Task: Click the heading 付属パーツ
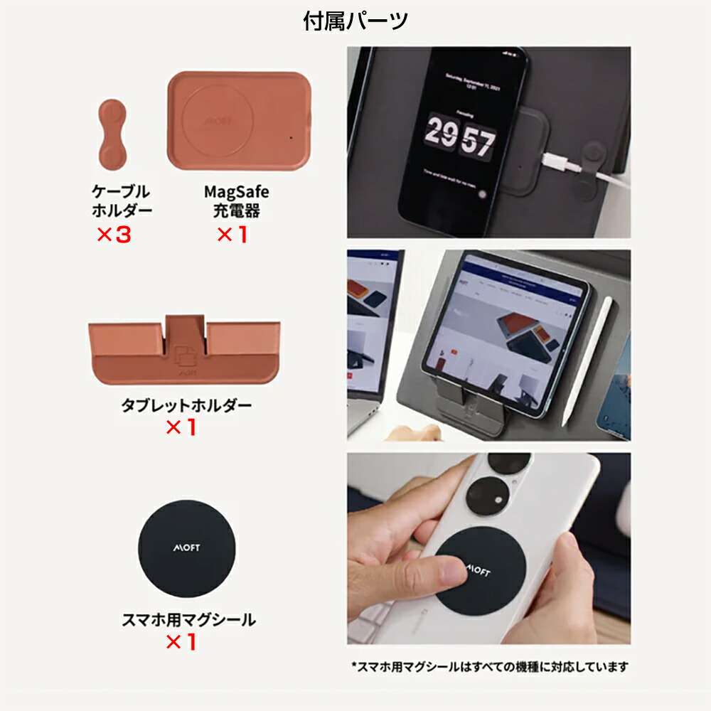355,21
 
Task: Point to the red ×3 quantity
114,235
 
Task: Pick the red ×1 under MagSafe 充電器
232,235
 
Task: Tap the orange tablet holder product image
184,348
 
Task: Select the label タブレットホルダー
186,406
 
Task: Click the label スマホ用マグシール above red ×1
188,619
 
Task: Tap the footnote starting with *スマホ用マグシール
490,667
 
